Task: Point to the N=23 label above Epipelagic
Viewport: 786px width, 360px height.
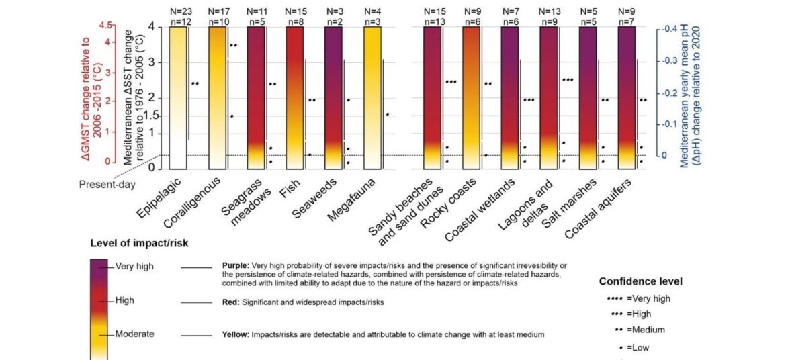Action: [x=178, y=11]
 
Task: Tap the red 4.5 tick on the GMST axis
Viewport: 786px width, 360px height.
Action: [x=105, y=26]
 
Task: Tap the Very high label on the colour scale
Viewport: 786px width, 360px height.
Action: [x=134, y=266]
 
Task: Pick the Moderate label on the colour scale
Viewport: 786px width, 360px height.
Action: [x=135, y=334]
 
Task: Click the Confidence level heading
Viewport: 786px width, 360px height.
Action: [x=640, y=281]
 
